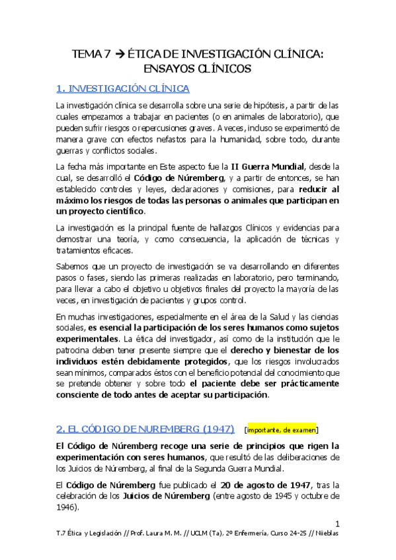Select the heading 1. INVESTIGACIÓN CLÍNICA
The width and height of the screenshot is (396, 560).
[x=123, y=88]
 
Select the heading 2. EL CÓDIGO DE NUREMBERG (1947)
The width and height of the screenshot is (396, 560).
[x=143, y=429]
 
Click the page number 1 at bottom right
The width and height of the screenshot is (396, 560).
[x=337, y=522]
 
